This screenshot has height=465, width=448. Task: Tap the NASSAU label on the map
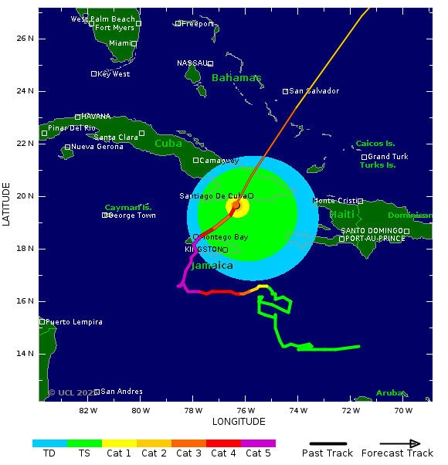192,63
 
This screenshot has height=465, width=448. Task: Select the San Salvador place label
314,91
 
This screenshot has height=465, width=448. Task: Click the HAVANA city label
96,117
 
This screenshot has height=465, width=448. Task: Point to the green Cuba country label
168,144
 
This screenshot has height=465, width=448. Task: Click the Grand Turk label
389,157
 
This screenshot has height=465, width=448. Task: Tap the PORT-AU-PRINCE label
375,239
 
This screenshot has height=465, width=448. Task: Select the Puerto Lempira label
74,321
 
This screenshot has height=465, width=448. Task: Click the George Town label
132,216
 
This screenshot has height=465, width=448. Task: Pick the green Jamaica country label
212,266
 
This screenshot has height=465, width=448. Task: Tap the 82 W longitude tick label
88,410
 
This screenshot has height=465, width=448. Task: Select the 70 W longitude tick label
403,410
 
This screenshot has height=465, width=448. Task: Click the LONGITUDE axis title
239,422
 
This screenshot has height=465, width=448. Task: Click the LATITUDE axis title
7,205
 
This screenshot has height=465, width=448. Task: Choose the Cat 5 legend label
258,453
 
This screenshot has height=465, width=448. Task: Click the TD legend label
49,453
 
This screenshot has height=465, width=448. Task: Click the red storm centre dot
236,205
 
